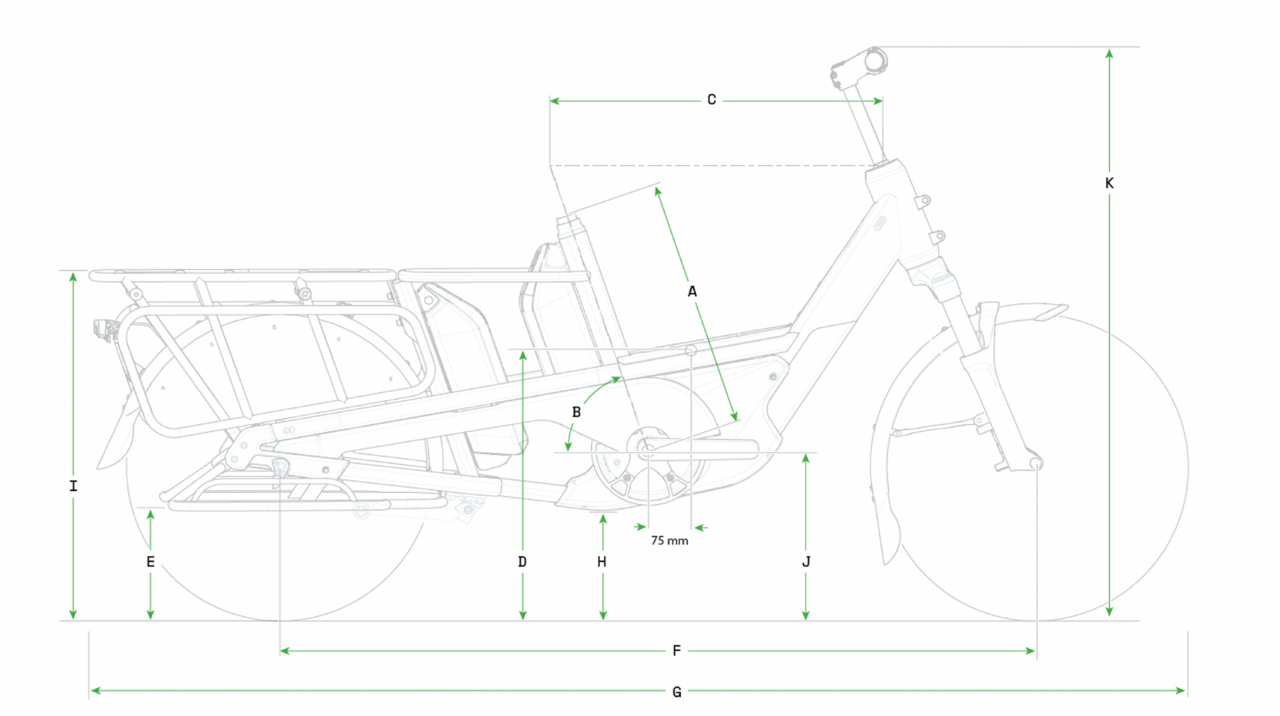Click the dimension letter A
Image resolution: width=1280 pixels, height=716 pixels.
[x=692, y=292]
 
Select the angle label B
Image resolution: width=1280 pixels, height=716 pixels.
[x=576, y=412]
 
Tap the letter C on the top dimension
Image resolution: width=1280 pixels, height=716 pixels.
[x=711, y=100]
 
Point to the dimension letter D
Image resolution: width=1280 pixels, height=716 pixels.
[x=522, y=561]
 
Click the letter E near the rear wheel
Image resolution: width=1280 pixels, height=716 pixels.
[x=150, y=561]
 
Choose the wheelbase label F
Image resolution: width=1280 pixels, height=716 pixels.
[x=676, y=650]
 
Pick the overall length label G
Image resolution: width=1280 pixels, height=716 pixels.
[x=676, y=691]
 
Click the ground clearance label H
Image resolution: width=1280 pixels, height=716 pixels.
[x=602, y=561]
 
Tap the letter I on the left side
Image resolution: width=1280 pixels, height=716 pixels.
[x=73, y=486]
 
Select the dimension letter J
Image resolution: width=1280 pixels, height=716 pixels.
[x=806, y=561]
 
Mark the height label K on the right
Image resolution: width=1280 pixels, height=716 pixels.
[x=1109, y=183]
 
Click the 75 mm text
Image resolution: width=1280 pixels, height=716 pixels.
[x=669, y=541]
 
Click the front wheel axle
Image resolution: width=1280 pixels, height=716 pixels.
[x=1036, y=463]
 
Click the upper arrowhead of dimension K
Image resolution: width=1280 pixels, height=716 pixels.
[x=1109, y=54]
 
